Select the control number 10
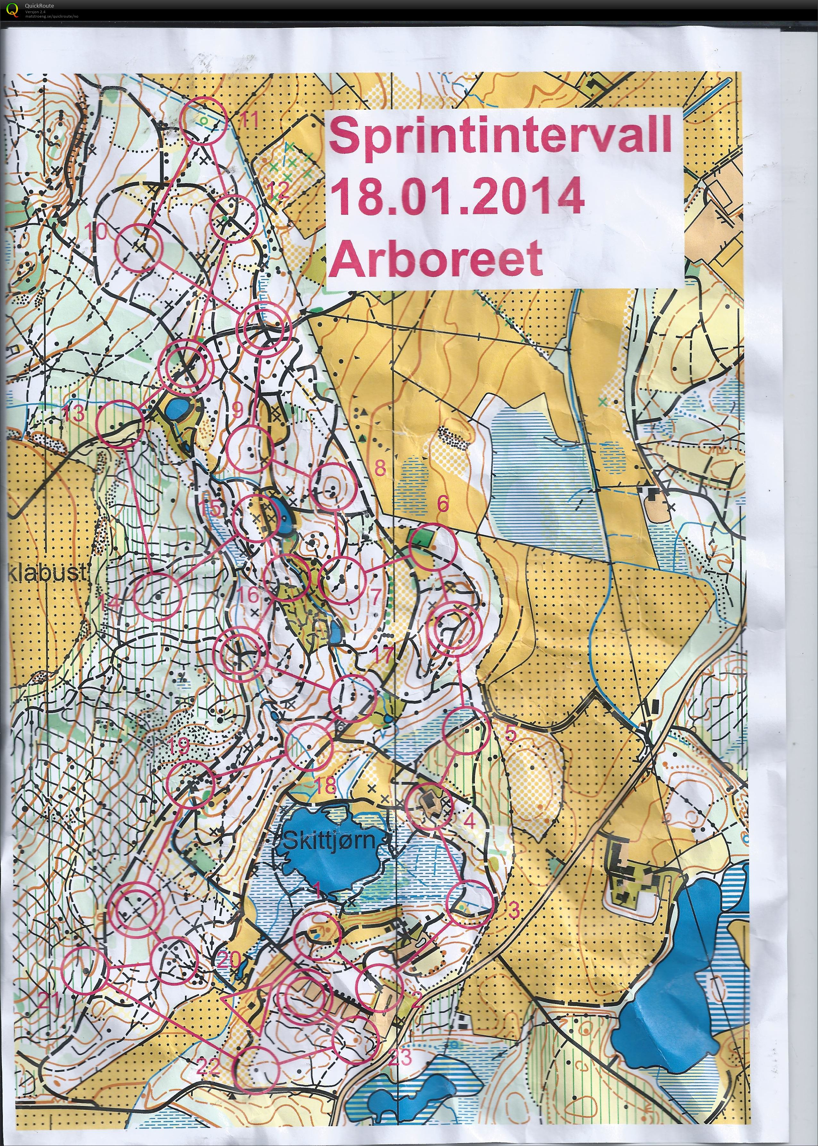pyautogui.click(x=96, y=232)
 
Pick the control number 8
pyautogui.click(x=380, y=468)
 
